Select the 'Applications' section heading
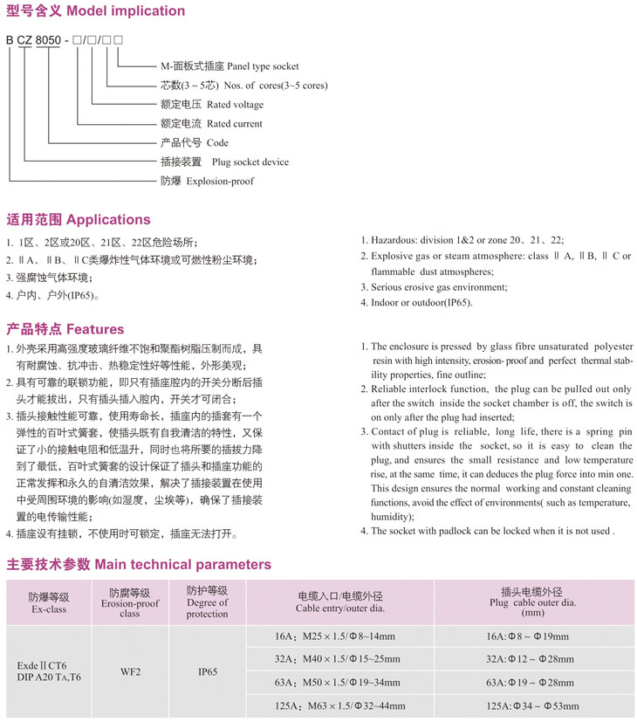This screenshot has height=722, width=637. pos(79,219)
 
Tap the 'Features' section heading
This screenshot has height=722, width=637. pos(65,329)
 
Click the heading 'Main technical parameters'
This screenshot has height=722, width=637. pos(139,564)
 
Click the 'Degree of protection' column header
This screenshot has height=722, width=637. pos(207,602)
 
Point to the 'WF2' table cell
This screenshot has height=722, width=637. pos(130,673)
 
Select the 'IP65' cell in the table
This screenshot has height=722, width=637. pos(207,673)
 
